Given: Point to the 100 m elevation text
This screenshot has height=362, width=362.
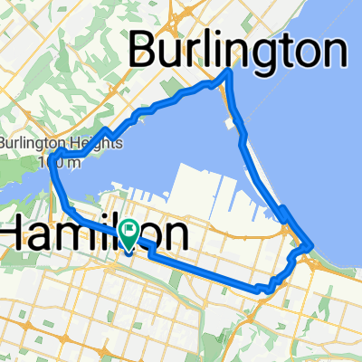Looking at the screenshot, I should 54,162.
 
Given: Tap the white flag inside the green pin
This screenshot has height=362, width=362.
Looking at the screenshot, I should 129,233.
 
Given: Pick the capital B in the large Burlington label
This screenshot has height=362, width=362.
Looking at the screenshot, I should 147,51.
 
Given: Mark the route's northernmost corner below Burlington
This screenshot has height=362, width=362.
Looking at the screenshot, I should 227,71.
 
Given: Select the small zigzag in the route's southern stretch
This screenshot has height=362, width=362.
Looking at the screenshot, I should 264,288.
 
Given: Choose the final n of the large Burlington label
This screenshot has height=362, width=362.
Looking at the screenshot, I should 332,51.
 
